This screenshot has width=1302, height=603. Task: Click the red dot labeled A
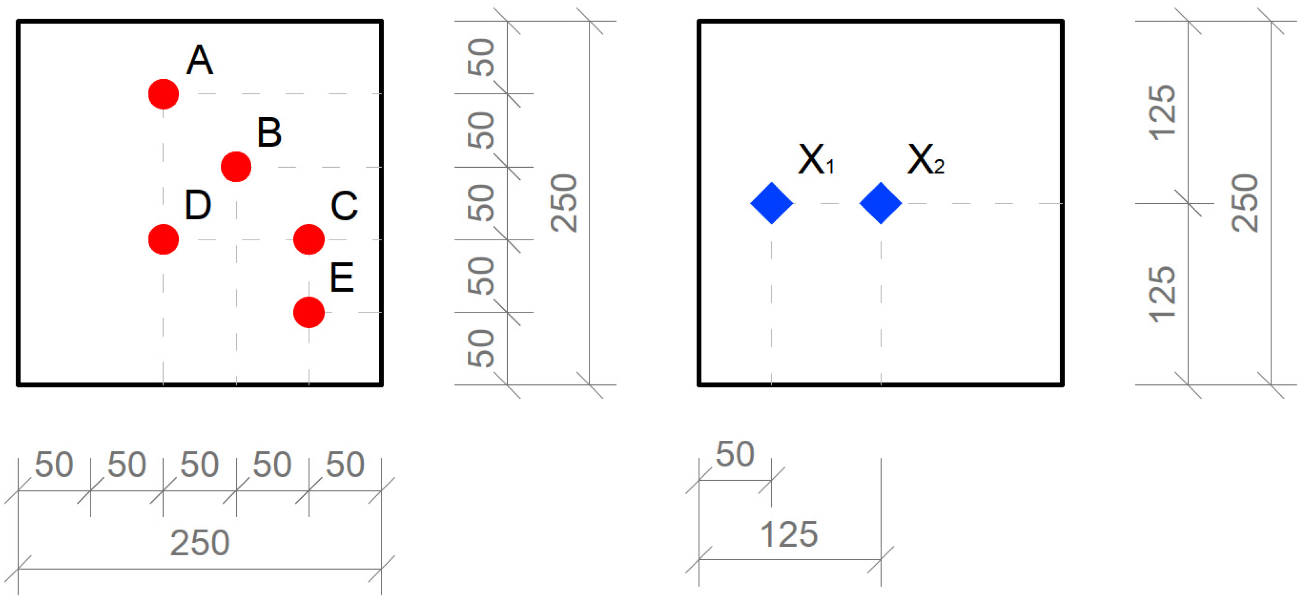click(163, 94)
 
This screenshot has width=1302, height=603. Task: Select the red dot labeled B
click(236, 167)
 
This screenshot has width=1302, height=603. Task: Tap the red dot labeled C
click(309, 239)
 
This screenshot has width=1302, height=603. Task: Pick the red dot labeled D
click(163, 239)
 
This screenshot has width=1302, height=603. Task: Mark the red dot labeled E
click(309, 312)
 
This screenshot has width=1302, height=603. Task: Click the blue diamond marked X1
click(771, 203)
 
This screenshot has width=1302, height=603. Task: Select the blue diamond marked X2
click(880, 203)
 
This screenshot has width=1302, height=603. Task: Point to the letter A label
click(200, 60)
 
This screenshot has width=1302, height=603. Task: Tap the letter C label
click(344, 206)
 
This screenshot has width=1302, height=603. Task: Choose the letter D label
click(198, 205)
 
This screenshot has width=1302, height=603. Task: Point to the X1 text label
click(816, 160)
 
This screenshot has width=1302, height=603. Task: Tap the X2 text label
click(925, 160)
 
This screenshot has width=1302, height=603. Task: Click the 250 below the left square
click(200, 543)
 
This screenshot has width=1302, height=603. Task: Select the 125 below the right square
click(789, 534)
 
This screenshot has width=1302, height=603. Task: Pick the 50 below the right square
click(735, 454)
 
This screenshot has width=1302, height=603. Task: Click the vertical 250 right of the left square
click(564, 203)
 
